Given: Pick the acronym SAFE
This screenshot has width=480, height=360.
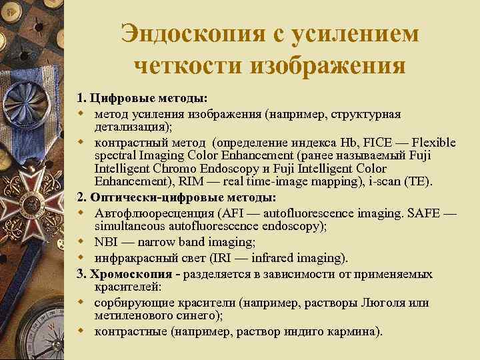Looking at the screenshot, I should coord(423,214).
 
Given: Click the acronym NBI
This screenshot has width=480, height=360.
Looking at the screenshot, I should coord(107,243).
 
